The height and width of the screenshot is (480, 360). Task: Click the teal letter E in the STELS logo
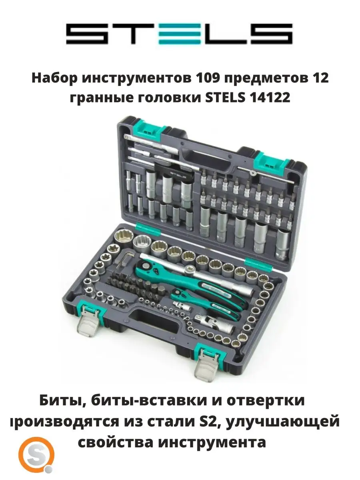[179, 34]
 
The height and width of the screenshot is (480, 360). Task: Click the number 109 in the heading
[208, 78]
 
